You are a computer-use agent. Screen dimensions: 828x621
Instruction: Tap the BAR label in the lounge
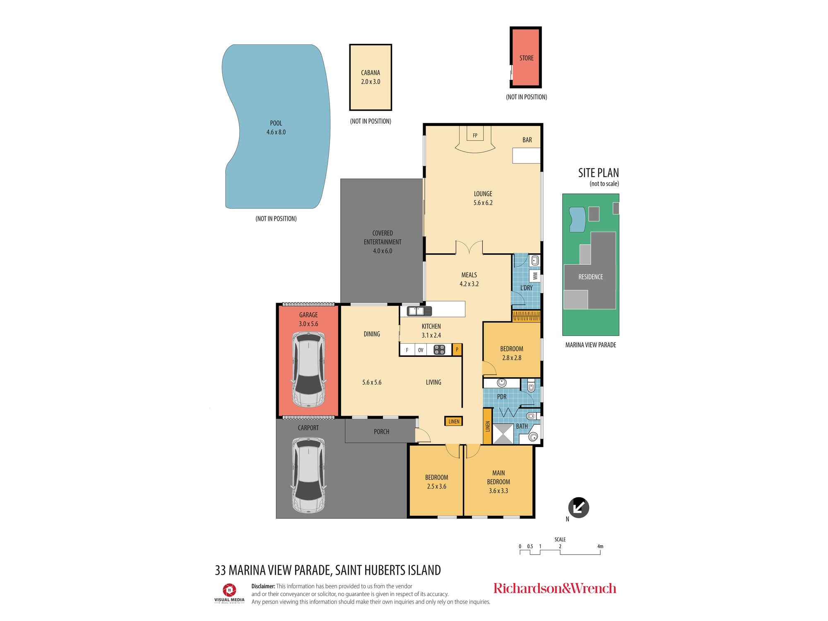click(x=527, y=140)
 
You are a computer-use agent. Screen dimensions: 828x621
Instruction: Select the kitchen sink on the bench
click(x=419, y=310)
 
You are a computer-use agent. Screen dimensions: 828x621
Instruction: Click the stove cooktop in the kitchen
click(x=439, y=350)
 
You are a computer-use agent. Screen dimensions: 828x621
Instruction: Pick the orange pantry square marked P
click(x=457, y=350)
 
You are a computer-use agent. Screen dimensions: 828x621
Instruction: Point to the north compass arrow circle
click(x=578, y=508)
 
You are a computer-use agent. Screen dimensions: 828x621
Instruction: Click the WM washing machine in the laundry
click(x=535, y=276)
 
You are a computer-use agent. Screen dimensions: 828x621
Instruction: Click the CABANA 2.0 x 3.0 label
click(x=371, y=77)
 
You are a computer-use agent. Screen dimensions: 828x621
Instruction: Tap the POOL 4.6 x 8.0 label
click(x=276, y=128)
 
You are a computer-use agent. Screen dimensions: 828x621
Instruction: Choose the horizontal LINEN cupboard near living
click(x=454, y=421)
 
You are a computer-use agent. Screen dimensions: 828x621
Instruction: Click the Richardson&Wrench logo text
click(x=555, y=588)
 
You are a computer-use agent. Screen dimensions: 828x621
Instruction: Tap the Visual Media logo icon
click(x=229, y=590)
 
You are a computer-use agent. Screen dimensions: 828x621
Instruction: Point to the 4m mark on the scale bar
click(x=600, y=546)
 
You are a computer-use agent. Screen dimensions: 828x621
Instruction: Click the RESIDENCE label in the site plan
click(x=591, y=277)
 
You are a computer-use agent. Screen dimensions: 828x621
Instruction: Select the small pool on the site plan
click(x=577, y=219)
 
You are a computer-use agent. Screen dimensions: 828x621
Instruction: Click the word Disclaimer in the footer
click(x=263, y=586)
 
